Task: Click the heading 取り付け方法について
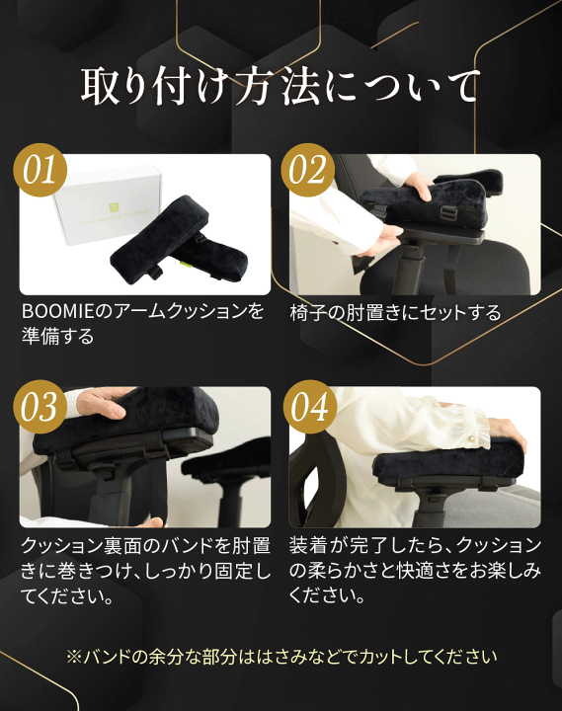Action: click(x=281, y=88)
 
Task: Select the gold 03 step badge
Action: click(x=40, y=408)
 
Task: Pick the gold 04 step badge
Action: click(x=308, y=408)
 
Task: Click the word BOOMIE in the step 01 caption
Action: click(x=55, y=312)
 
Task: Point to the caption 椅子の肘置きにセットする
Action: click(x=395, y=313)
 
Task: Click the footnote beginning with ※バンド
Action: click(x=281, y=656)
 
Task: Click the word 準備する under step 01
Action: click(x=58, y=337)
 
